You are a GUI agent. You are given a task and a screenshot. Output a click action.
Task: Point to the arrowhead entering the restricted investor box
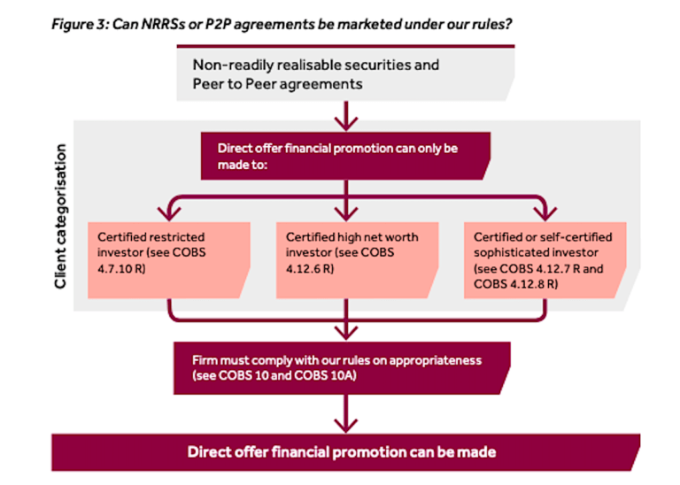[x=170, y=212]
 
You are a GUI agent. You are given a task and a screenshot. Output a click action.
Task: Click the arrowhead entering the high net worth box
[x=342, y=212]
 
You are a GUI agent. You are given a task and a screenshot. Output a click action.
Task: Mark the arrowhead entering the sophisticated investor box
[x=542, y=212]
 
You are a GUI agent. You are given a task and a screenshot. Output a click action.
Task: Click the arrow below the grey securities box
[x=342, y=115]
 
